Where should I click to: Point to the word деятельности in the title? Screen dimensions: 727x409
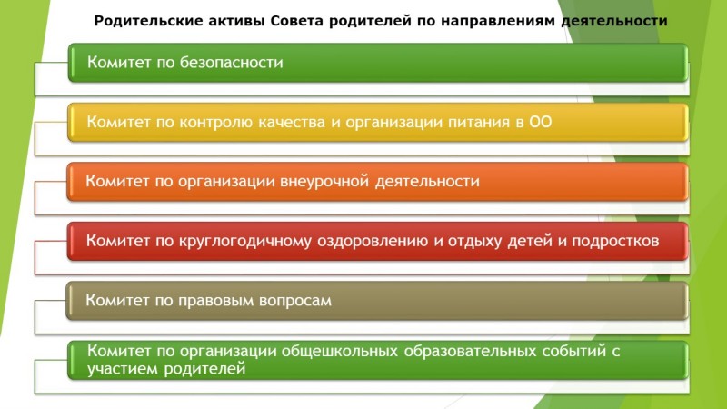pos(614,21)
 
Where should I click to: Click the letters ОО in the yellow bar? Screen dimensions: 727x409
pos(541,122)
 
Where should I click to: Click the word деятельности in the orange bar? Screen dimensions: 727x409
pos(427,181)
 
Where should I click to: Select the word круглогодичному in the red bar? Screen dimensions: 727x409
pos(245,241)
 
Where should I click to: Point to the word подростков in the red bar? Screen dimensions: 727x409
pos(615,241)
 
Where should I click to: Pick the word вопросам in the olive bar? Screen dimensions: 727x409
pos(294,301)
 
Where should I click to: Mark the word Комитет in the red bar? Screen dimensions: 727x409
pos(118,241)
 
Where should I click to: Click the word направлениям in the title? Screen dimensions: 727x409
pos(497,21)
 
